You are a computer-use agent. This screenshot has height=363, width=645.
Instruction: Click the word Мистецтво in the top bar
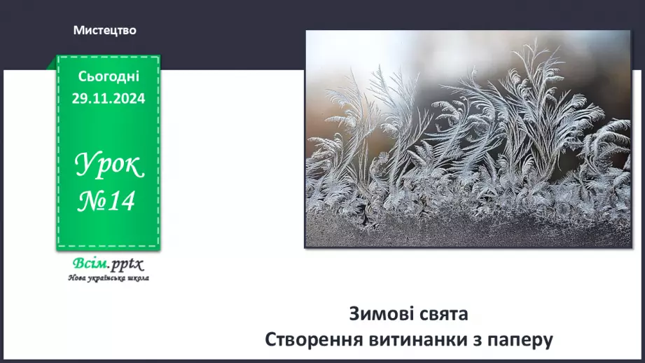104,31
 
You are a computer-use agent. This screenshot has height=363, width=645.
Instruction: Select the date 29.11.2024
109,99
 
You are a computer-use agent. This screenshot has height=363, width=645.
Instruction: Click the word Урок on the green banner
109,167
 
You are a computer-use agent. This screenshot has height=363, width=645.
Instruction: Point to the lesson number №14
107,202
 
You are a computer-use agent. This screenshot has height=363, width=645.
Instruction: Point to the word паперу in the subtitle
524,340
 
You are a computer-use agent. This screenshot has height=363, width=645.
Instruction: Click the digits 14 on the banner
120,202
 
